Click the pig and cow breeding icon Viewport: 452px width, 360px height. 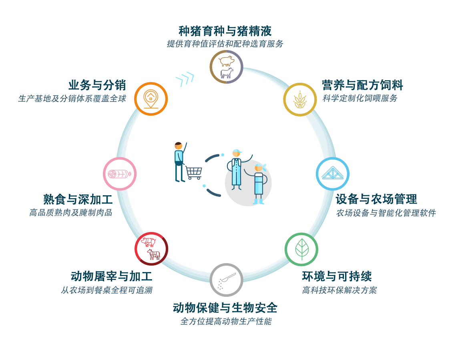pyautogui.click(x=226, y=67)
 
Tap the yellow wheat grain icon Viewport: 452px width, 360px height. pyautogui.click(x=300, y=100)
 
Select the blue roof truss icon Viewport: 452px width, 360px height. pyautogui.click(x=333, y=174)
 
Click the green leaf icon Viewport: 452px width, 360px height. pyautogui.click(x=301, y=249)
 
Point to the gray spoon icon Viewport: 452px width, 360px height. pyautogui.click(x=226, y=280)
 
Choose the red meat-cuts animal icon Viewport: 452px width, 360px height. pyautogui.click(x=151, y=249)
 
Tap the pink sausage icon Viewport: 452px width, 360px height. pyautogui.click(x=120, y=174)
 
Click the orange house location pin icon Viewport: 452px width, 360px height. pyautogui.click(x=151, y=99)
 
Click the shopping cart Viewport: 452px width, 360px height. pyautogui.click(x=194, y=173)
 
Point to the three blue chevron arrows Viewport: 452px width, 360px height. pyautogui.click(x=185, y=79)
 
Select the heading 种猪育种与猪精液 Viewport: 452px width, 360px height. pyautogui.click(x=225, y=31)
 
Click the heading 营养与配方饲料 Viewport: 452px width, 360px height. pyautogui.click(x=362, y=85)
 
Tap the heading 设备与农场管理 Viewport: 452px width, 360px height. pyautogui.click(x=376, y=199)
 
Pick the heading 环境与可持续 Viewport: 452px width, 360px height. pyautogui.click(x=337, y=276)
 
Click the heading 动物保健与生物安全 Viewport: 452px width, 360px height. pyautogui.click(x=225, y=308)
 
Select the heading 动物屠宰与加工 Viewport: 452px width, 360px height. pyautogui.click(x=112, y=276)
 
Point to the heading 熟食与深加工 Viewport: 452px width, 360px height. pyautogui.click(x=78, y=199)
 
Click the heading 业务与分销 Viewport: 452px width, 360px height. pyautogui.click(x=97, y=85)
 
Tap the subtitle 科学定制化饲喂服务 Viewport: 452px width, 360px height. pyautogui.click(x=360, y=98)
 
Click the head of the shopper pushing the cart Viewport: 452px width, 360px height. pyautogui.click(x=179, y=146)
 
